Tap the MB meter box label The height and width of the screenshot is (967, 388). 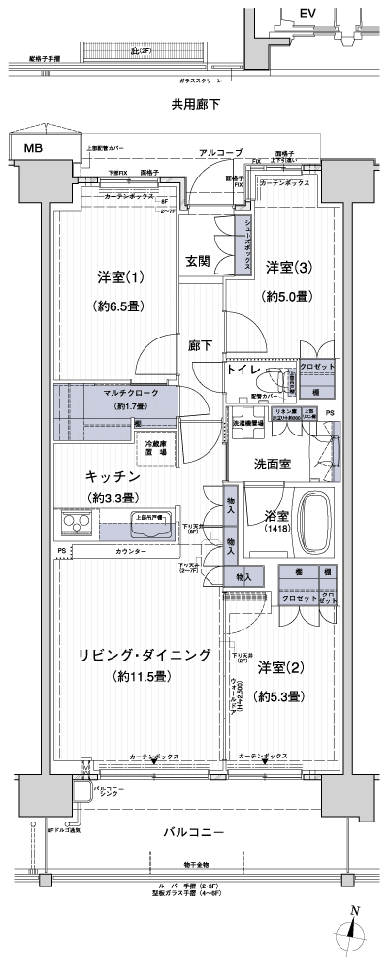[x=34, y=147]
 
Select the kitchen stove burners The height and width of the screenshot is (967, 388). [x=77, y=526]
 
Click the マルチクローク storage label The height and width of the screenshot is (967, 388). [x=121, y=394]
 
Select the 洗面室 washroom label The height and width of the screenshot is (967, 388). [x=274, y=463]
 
